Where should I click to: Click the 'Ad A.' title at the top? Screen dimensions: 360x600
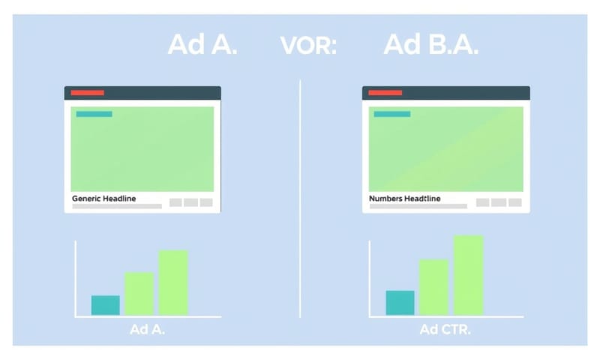[202, 45]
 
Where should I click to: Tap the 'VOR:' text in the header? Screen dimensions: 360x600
[308, 46]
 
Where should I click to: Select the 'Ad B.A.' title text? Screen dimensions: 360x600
[430, 45]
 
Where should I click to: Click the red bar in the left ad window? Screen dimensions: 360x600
[87, 93]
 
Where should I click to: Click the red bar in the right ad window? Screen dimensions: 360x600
[385, 93]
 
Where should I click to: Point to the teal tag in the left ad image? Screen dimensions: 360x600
[94, 114]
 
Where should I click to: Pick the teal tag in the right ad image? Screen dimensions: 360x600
[391, 114]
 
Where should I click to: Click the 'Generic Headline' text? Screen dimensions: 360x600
[103, 199]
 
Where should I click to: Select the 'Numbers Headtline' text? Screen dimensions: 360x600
[404, 199]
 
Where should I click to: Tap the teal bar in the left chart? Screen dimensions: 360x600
[105, 305]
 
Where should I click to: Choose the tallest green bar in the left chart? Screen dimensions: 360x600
[172, 283]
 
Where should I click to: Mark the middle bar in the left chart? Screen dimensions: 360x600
[139, 293]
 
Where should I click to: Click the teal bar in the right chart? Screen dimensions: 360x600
[400, 303]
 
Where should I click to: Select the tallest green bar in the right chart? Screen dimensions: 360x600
[468, 275]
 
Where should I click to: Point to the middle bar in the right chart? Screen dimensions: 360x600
[433, 287]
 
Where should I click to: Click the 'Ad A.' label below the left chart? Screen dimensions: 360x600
[148, 330]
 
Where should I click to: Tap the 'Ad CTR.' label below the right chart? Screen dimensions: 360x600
[445, 330]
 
